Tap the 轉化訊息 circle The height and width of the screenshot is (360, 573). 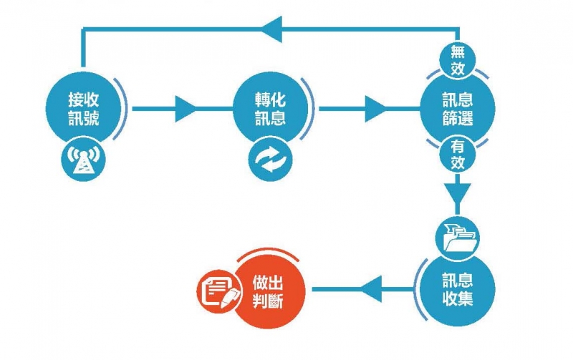pyautogui.click(x=270, y=108)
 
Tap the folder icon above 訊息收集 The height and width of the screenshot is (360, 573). pyautogui.click(x=457, y=236)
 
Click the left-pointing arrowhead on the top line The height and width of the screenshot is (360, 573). pyautogui.click(x=272, y=29)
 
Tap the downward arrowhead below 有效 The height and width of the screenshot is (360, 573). pyautogui.click(x=457, y=194)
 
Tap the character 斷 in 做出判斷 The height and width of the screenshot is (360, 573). pyautogui.click(x=276, y=301)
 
